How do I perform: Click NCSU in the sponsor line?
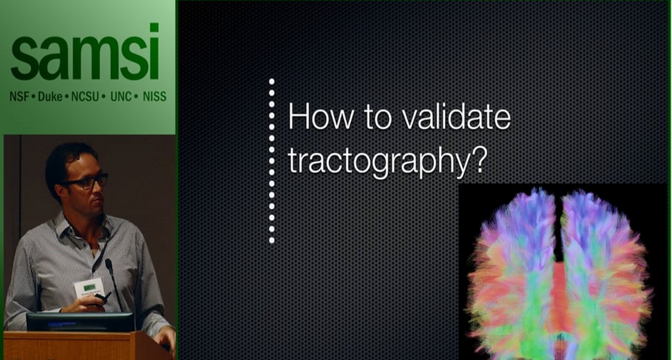85,97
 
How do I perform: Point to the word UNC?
121,97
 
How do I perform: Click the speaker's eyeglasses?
88,181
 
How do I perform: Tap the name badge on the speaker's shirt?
89,288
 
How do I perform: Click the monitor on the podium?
80,322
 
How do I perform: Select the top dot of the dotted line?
272,82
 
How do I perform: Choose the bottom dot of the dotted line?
272,240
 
